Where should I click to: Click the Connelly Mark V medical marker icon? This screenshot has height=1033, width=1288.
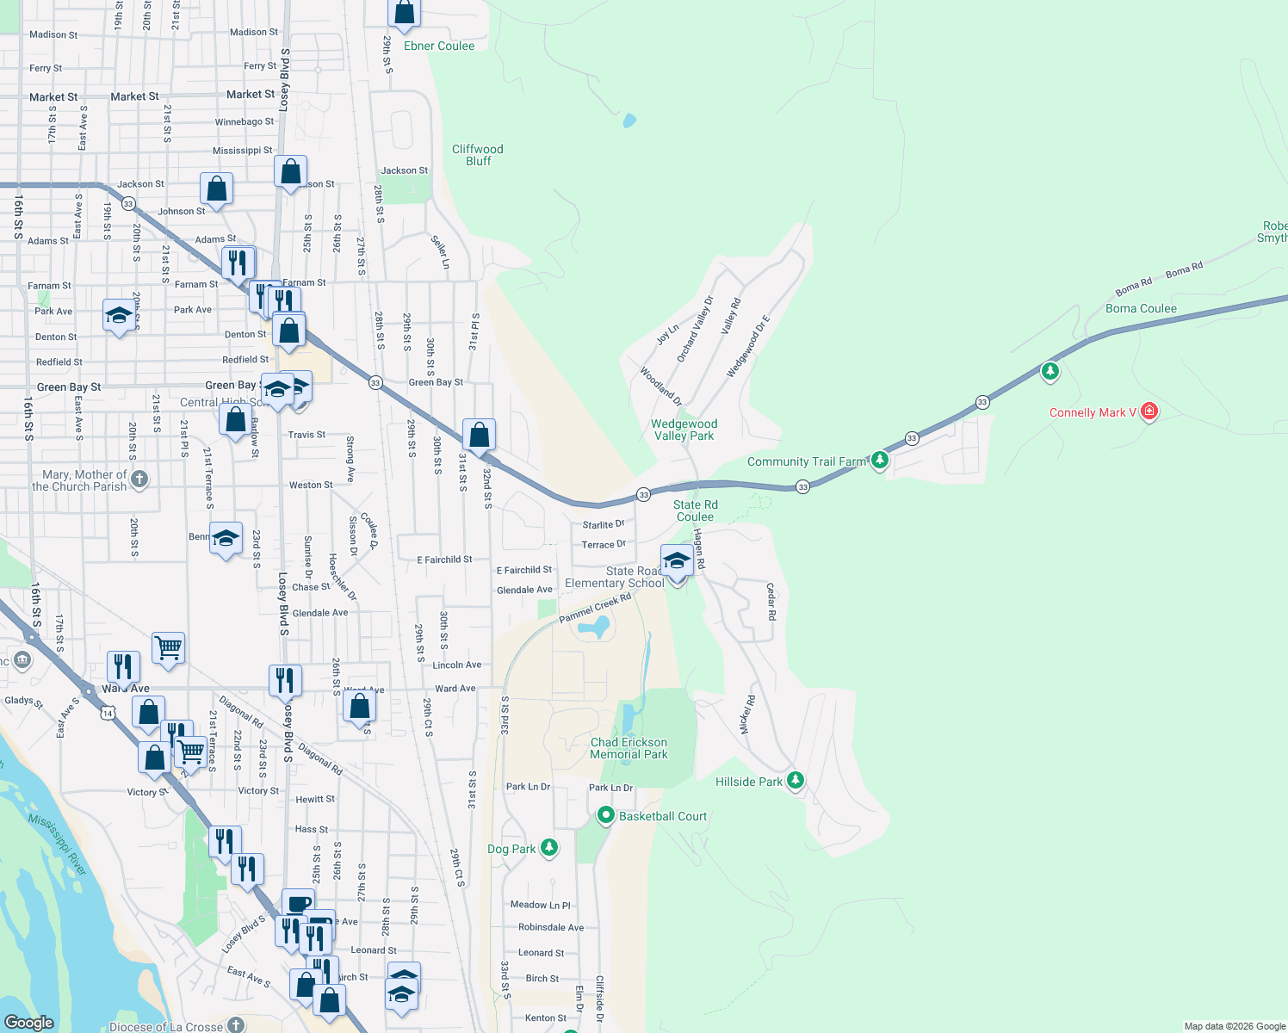click(x=1149, y=412)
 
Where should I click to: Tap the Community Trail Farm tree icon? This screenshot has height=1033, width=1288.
click(x=879, y=461)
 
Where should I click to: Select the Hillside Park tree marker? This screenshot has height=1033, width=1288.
click(x=796, y=781)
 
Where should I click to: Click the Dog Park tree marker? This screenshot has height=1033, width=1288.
click(x=548, y=848)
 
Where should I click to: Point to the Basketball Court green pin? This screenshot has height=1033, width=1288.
click(x=605, y=815)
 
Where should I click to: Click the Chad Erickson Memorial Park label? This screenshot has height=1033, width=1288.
click(x=629, y=748)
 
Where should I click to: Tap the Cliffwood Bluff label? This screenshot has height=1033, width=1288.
click(x=478, y=155)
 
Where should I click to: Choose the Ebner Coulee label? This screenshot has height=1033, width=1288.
click(x=439, y=46)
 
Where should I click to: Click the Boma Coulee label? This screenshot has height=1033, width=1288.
click(x=1141, y=308)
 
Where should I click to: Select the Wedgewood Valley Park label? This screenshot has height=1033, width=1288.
click(x=684, y=430)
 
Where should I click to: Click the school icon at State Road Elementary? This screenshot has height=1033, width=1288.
click(x=677, y=561)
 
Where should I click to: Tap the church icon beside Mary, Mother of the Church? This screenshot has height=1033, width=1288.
click(x=139, y=479)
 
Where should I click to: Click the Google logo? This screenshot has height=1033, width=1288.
click(x=29, y=1023)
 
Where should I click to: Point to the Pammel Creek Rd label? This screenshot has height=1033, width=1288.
click(x=595, y=609)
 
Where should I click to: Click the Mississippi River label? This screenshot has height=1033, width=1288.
click(x=58, y=844)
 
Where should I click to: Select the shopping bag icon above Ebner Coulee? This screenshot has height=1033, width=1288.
click(x=404, y=14)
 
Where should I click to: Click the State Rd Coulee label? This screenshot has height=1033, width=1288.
click(x=695, y=510)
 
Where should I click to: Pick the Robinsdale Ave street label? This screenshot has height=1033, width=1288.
click(x=551, y=927)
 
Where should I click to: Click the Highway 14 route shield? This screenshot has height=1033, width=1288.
click(x=107, y=713)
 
